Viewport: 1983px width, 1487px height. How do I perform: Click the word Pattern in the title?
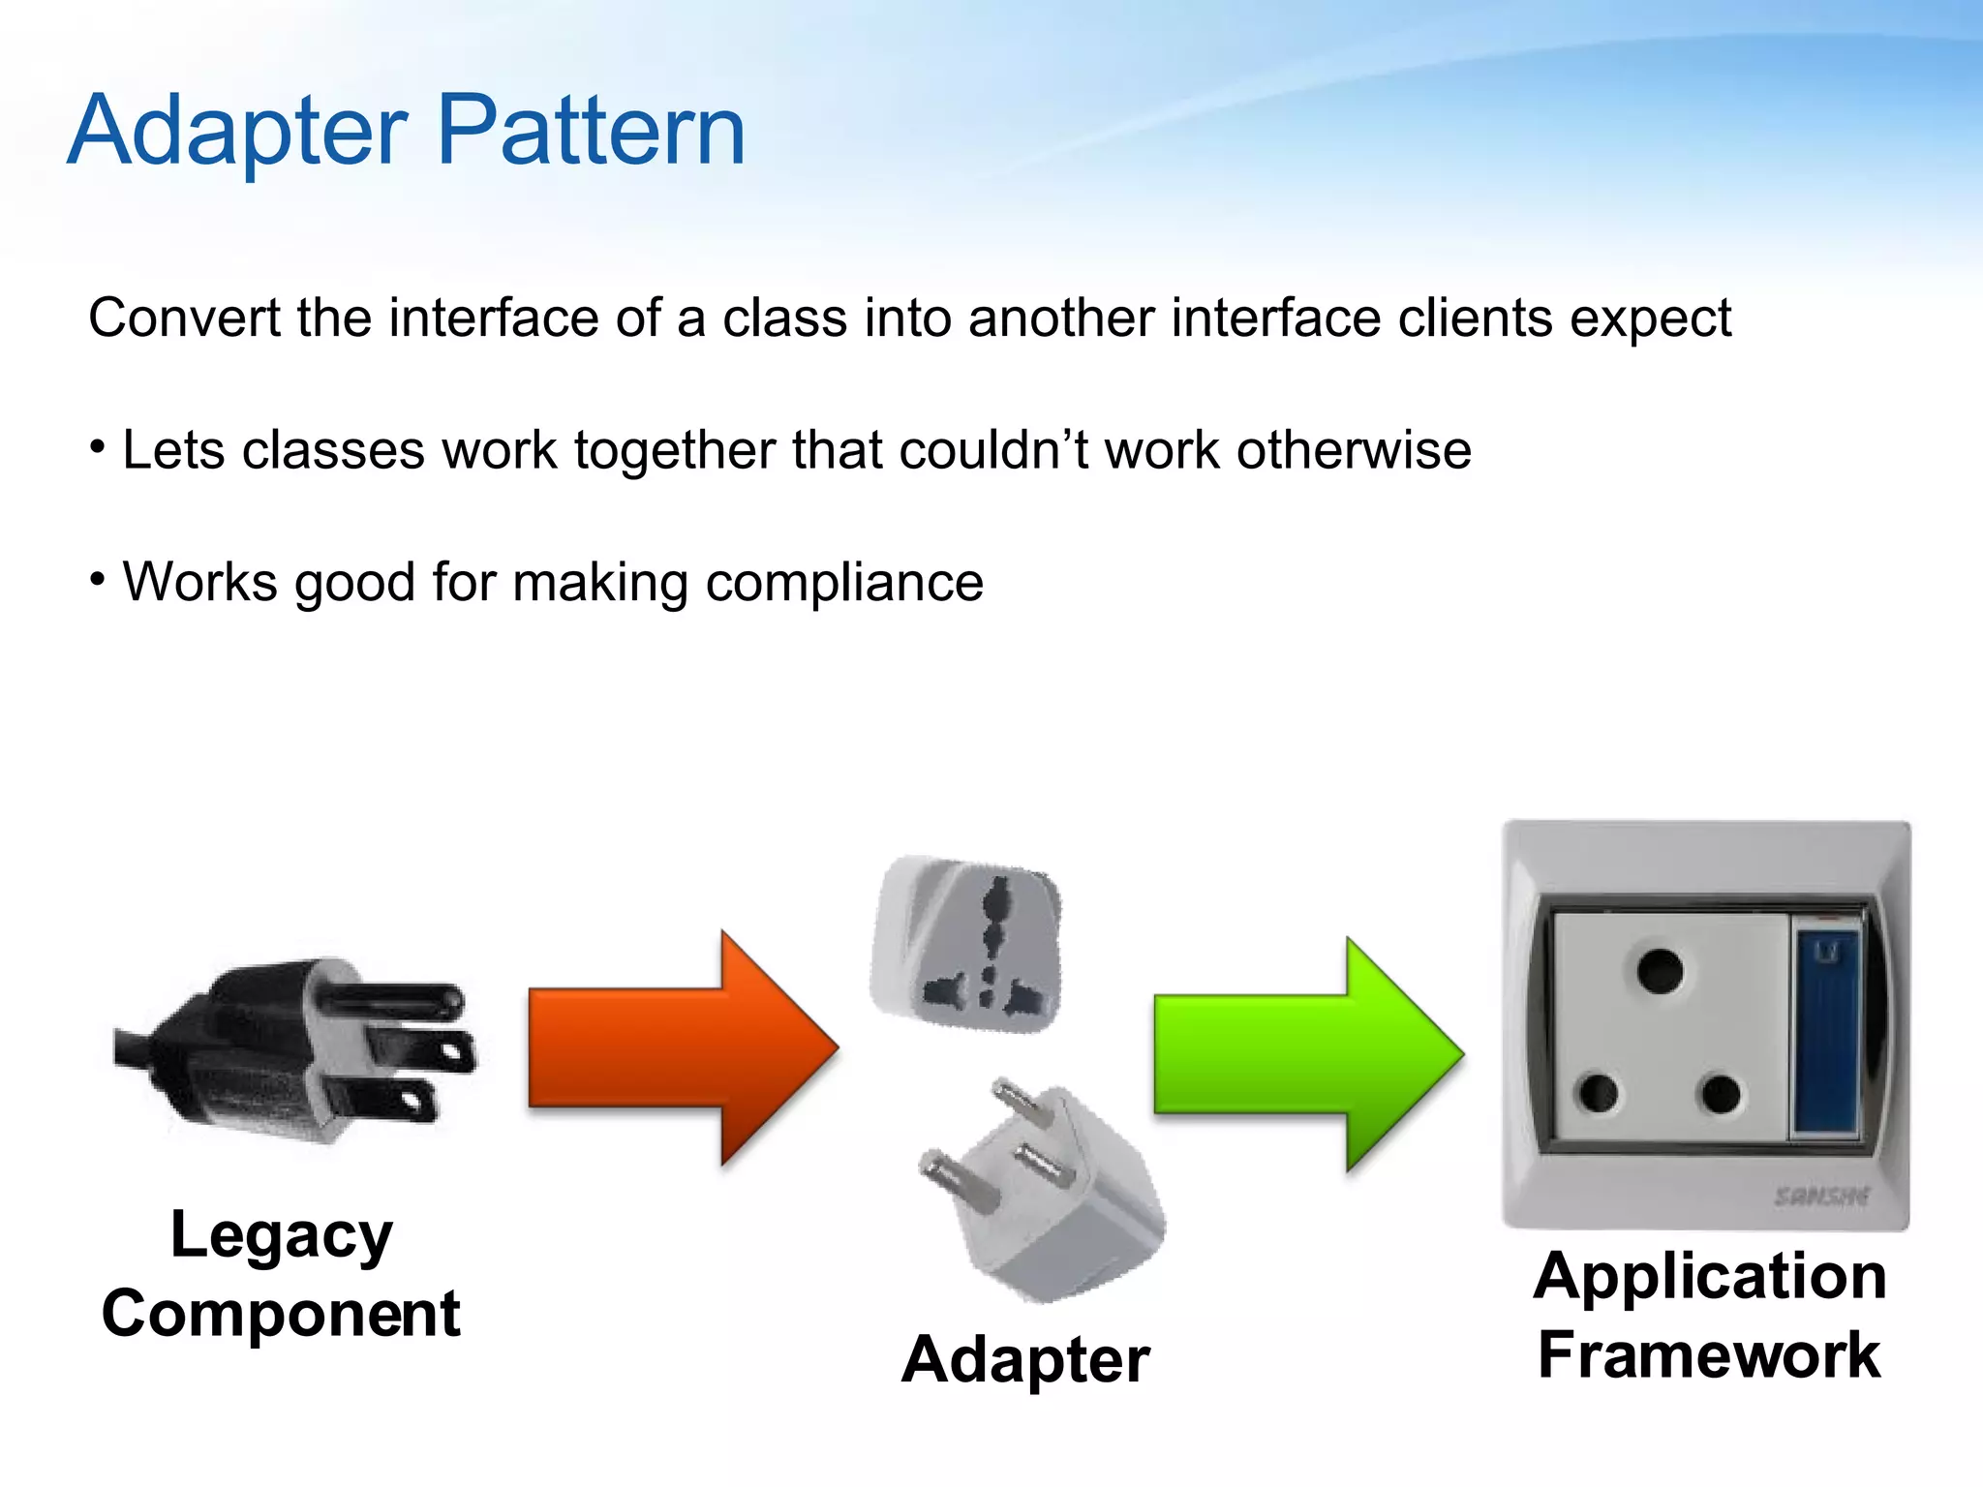click(x=591, y=131)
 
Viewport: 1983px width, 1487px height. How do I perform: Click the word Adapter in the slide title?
click(x=237, y=133)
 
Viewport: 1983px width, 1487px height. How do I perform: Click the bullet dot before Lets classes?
click(x=97, y=447)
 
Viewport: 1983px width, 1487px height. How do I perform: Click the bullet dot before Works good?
click(x=97, y=580)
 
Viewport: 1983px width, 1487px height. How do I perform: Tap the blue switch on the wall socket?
click(x=1825, y=1031)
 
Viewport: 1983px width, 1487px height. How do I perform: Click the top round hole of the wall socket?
click(x=1660, y=971)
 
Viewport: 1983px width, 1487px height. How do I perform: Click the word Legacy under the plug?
click(x=281, y=1237)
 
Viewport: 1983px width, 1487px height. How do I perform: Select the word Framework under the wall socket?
click(x=1709, y=1355)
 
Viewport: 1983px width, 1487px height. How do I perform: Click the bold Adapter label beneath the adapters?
click(x=1025, y=1360)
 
